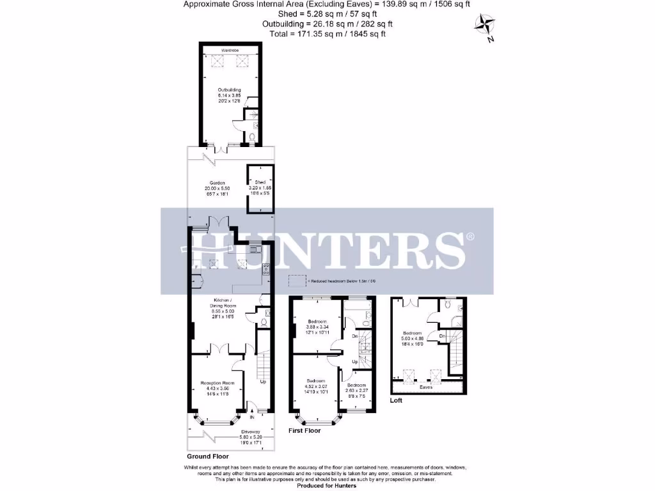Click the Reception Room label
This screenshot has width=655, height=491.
tap(214, 386)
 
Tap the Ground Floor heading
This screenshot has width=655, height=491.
tap(208, 457)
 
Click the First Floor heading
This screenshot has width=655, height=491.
tap(304, 431)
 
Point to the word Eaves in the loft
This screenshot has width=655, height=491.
tap(426, 387)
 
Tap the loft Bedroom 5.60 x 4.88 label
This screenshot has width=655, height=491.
tap(411, 337)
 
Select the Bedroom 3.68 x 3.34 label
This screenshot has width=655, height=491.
tap(317, 325)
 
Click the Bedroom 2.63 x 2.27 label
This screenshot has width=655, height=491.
tap(356, 389)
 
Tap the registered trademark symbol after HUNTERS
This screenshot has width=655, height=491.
tap(470, 237)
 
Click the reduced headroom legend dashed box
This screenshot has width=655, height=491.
tap(296, 281)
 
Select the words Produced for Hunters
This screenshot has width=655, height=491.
tap(327, 487)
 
